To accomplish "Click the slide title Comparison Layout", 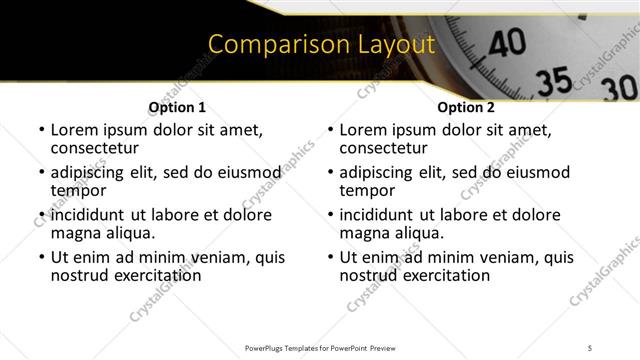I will pos(321,45).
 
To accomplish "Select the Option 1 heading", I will pos(177,107).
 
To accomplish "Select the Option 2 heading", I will pos(466,107).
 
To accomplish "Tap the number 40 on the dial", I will pos(510,42).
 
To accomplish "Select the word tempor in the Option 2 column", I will pos(367,190).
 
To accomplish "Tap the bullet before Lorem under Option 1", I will pos(40,131).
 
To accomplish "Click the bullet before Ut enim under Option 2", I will pos(329,257).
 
